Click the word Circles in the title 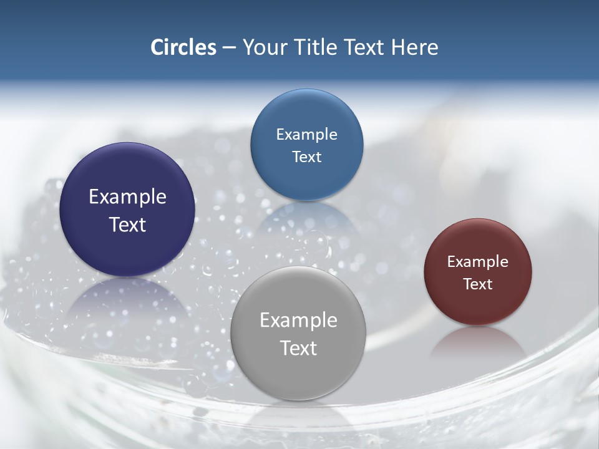click(x=183, y=47)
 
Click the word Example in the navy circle click(x=127, y=196)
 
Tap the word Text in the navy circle click(x=127, y=224)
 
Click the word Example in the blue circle click(x=306, y=134)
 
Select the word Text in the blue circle click(x=306, y=157)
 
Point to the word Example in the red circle click(x=478, y=261)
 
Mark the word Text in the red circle click(x=478, y=284)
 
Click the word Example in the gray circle click(x=298, y=320)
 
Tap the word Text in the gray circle click(x=298, y=348)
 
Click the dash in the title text click(x=229, y=48)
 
